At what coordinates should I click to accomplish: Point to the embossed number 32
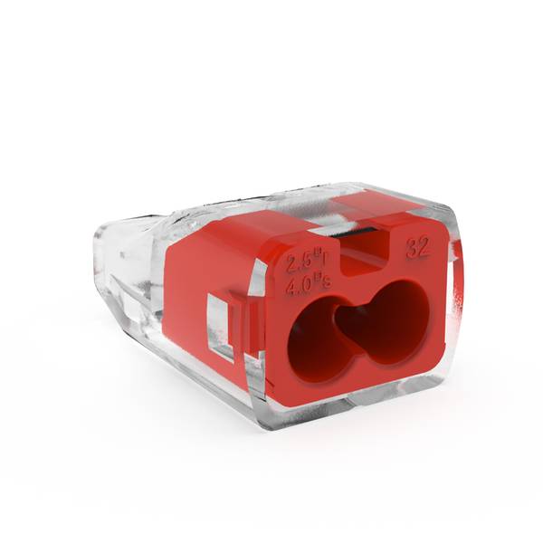(x=418, y=247)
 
